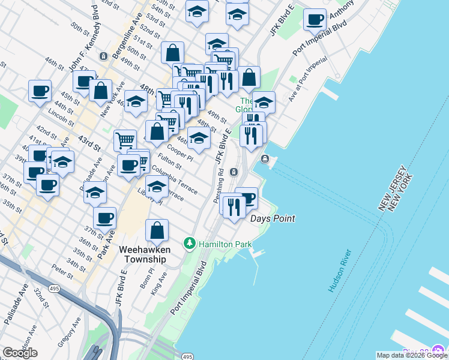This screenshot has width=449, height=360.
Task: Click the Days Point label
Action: [273, 218]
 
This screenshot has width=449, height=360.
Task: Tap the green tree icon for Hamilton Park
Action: [190, 243]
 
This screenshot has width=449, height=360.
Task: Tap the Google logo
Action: [20, 353]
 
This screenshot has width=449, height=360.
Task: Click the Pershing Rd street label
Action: [219, 184]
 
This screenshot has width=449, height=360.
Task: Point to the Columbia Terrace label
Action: [175, 180]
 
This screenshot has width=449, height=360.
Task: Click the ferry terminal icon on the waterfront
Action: [265, 158]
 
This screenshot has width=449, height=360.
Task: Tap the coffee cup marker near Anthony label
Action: [314, 20]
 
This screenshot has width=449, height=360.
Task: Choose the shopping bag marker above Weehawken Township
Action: [157, 230]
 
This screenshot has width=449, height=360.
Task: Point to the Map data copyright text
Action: [412, 355]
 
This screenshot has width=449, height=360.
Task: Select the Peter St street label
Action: [62, 271]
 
